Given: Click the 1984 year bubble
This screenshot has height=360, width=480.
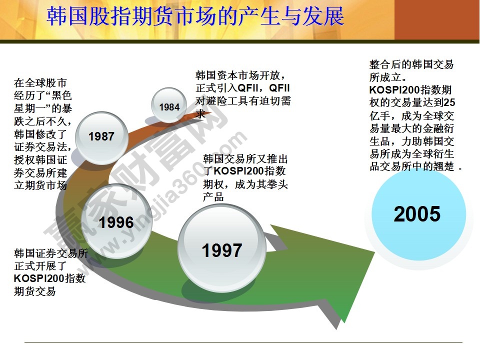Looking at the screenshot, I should [169, 107].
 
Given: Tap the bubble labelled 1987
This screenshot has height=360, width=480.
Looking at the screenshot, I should [101, 136].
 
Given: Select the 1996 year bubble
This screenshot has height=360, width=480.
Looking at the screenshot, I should [116, 222].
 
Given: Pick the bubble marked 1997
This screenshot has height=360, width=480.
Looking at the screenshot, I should [221, 250].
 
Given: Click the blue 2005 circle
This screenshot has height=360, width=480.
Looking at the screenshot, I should [416, 214].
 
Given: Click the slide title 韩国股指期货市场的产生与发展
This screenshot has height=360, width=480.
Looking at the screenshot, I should [195, 16].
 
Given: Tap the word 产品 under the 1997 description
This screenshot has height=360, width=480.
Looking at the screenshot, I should [213, 197].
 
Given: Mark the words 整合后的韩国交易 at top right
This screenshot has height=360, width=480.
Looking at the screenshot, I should [411, 65].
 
